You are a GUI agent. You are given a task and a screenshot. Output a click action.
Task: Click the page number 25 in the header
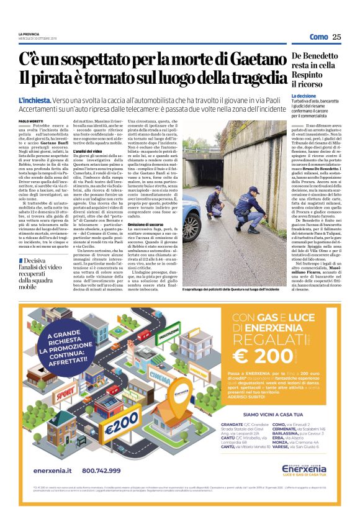pos(336,37)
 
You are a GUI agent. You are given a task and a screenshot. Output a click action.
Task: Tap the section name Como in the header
pos(318,37)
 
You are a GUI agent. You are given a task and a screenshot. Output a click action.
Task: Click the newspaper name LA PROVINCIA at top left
pos(29,33)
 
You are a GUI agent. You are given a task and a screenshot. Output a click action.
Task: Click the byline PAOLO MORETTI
pos(32,121)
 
